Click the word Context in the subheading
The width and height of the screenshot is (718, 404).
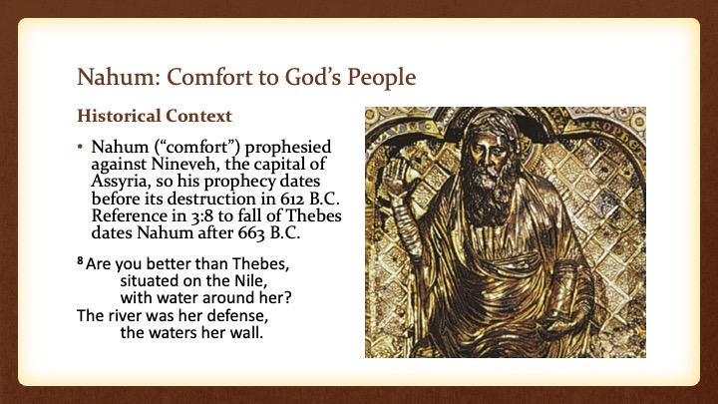pyautogui.click(x=199, y=116)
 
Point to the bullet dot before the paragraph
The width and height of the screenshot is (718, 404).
pyautogui.click(x=81, y=148)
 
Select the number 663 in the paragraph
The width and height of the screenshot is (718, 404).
pyautogui.click(x=251, y=233)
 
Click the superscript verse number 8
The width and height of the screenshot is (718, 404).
pyautogui.click(x=80, y=261)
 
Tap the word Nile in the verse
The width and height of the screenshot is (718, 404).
pyautogui.click(x=252, y=280)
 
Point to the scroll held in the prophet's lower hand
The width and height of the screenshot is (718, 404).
pyautogui.click(x=564, y=293)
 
